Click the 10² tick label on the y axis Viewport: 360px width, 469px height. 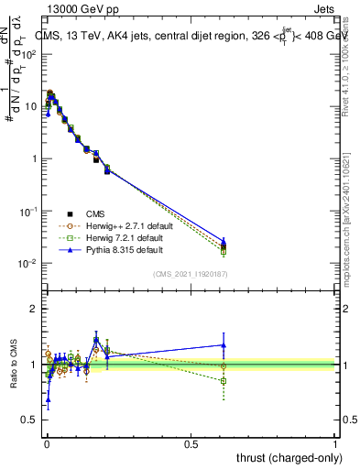pos(27,54)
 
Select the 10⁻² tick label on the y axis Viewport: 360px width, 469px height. pos(27,264)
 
